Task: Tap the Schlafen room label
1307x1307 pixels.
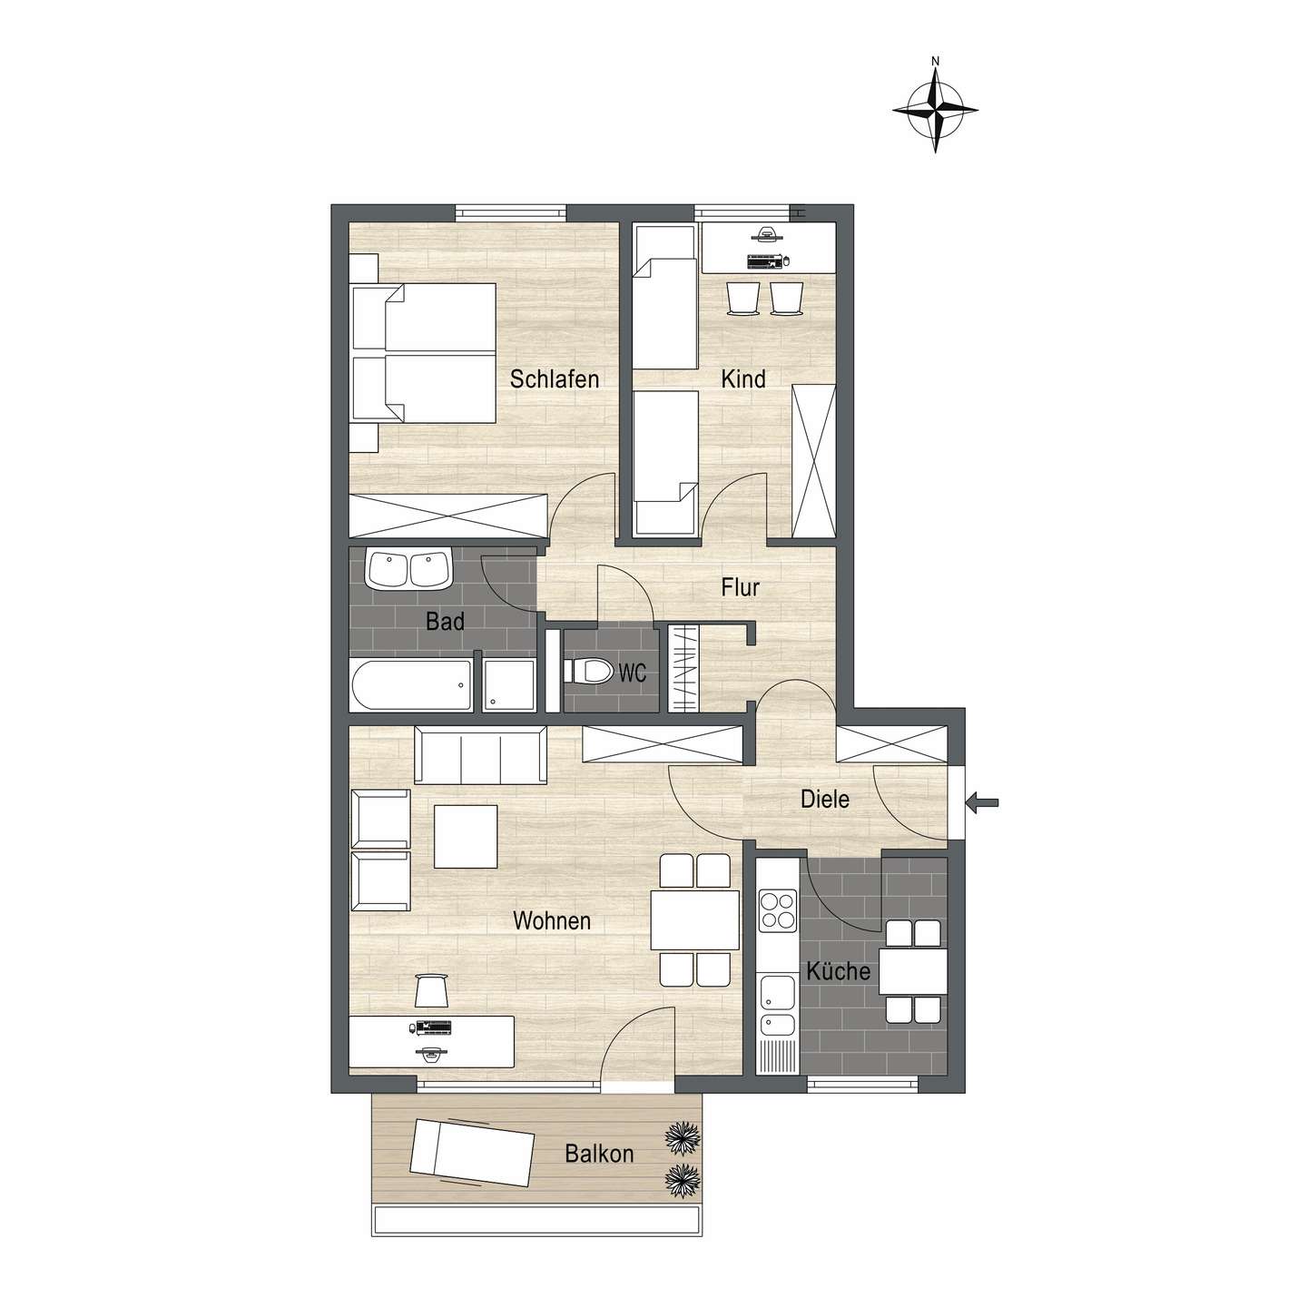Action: pyautogui.click(x=555, y=378)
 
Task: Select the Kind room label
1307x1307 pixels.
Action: pyautogui.click(x=743, y=378)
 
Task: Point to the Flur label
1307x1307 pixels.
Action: pyautogui.click(x=740, y=587)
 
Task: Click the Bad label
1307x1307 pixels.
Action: pyautogui.click(x=445, y=622)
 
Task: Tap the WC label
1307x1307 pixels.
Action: pyautogui.click(x=633, y=673)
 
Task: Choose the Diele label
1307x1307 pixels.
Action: pyautogui.click(x=825, y=800)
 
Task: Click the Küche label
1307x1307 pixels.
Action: pyautogui.click(x=839, y=971)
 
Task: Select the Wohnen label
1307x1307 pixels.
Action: pyautogui.click(x=552, y=921)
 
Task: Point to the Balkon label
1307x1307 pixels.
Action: pyautogui.click(x=599, y=1155)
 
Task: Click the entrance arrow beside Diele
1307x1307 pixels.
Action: pyautogui.click(x=983, y=801)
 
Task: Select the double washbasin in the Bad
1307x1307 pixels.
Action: pyautogui.click(x=408, y=570)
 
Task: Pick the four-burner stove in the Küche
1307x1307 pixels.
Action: pyautogui.click(x=777, y=910)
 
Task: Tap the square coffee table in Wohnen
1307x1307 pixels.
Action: pyautogui.click(x=465, y=836)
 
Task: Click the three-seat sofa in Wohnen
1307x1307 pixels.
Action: pyautogui.click(x=480, y=754)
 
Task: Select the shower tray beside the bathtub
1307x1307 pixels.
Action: pyautogui.click(x=508, y=684)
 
